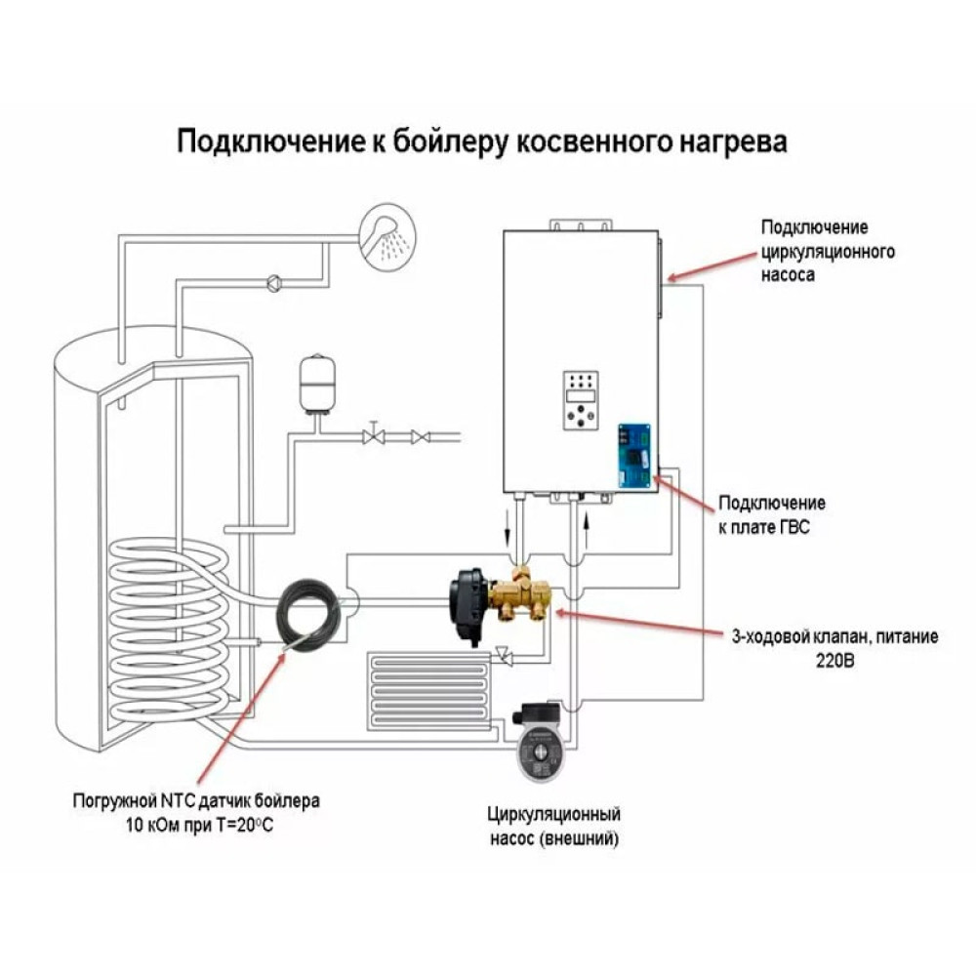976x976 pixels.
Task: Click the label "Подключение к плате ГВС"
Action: [772, 514]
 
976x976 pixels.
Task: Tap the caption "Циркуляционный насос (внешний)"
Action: [554, 825]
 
